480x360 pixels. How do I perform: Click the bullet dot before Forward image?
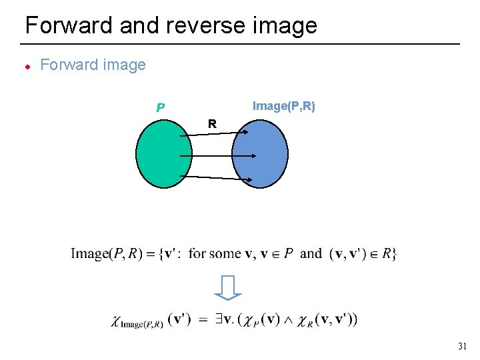27,66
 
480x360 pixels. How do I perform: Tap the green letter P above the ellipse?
160,107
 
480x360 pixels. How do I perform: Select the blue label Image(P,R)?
283,106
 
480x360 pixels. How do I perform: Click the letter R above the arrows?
211,124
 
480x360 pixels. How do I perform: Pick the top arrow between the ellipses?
213,134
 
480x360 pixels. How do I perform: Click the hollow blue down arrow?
228,287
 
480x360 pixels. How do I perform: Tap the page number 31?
463,346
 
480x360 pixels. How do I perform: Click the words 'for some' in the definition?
215,253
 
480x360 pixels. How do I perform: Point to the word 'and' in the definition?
311,253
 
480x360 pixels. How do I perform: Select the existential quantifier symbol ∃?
217,319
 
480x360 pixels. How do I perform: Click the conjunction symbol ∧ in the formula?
288,320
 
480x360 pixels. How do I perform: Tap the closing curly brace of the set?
394,253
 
